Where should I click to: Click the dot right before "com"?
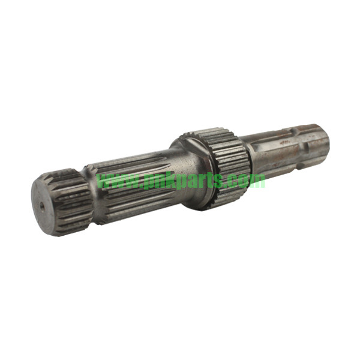(232, 184)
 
